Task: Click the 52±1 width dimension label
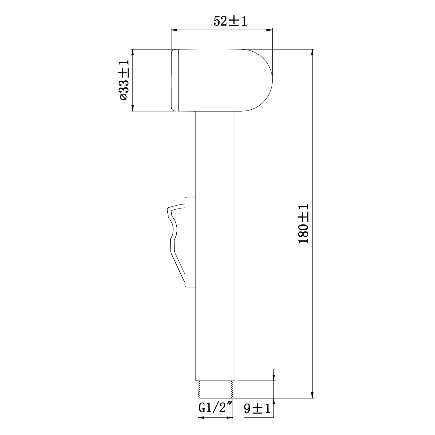pyautogui.click(x=230, y=21)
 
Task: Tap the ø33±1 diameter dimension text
pyautogui.click(x=124, y=80)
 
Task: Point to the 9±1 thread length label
pyautogui.click(x=257, y=409)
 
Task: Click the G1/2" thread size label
pyautogui.click(x=215, y=409)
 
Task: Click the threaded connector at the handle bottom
pyautogui.click(x=215, y=389)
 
